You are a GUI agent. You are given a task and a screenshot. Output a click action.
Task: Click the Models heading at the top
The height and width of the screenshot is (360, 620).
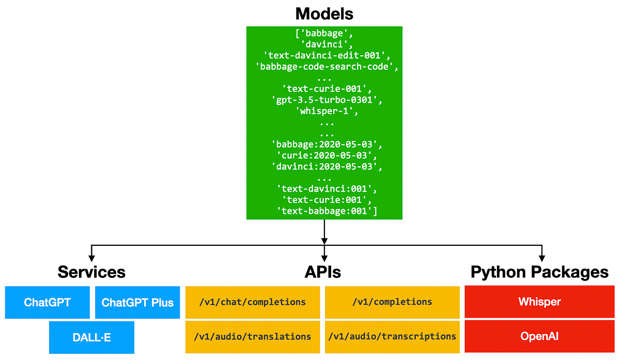[324, 13]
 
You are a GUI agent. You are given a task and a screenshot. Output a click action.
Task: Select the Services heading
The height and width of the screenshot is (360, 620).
[91, 272]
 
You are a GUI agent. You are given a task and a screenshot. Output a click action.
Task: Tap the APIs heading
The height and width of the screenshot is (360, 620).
[324, 272]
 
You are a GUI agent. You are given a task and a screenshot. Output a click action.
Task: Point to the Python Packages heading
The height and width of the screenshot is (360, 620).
[539, 272]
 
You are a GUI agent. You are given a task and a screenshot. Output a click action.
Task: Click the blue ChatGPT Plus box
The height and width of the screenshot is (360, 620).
[137, 302]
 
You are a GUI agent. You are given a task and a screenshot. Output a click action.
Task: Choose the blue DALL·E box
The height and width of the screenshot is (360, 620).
[91, 337]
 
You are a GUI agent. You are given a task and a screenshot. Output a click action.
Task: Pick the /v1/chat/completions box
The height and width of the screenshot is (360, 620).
[252, 302]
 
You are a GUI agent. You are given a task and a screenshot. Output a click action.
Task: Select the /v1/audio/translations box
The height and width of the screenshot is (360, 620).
[252, 336]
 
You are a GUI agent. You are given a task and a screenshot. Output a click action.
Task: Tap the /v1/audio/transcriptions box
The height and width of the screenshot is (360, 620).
[392, 336]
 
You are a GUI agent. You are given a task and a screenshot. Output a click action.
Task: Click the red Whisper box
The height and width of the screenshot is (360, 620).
[539, 302]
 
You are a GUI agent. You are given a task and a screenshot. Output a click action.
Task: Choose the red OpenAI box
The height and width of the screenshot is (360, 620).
[539, 336]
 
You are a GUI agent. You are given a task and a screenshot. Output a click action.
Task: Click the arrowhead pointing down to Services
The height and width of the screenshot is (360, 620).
[91, 255]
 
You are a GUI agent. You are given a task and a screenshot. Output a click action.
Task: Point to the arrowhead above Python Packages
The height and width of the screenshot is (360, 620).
[541, 255]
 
